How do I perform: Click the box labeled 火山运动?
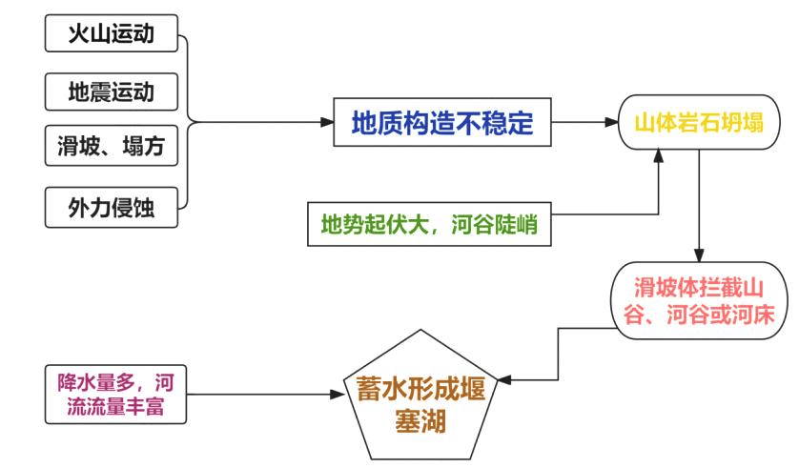tap(113, 35)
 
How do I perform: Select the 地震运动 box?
tap(113, 92)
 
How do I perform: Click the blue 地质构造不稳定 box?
tap(441, 121)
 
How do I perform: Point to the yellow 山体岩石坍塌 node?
tap(701, 121)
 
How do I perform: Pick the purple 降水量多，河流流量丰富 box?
tap(114, 394)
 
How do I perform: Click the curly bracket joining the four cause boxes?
tap(188, 121)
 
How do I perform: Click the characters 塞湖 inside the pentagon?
tap(423, 419)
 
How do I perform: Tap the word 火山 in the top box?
tap(90, 35)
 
